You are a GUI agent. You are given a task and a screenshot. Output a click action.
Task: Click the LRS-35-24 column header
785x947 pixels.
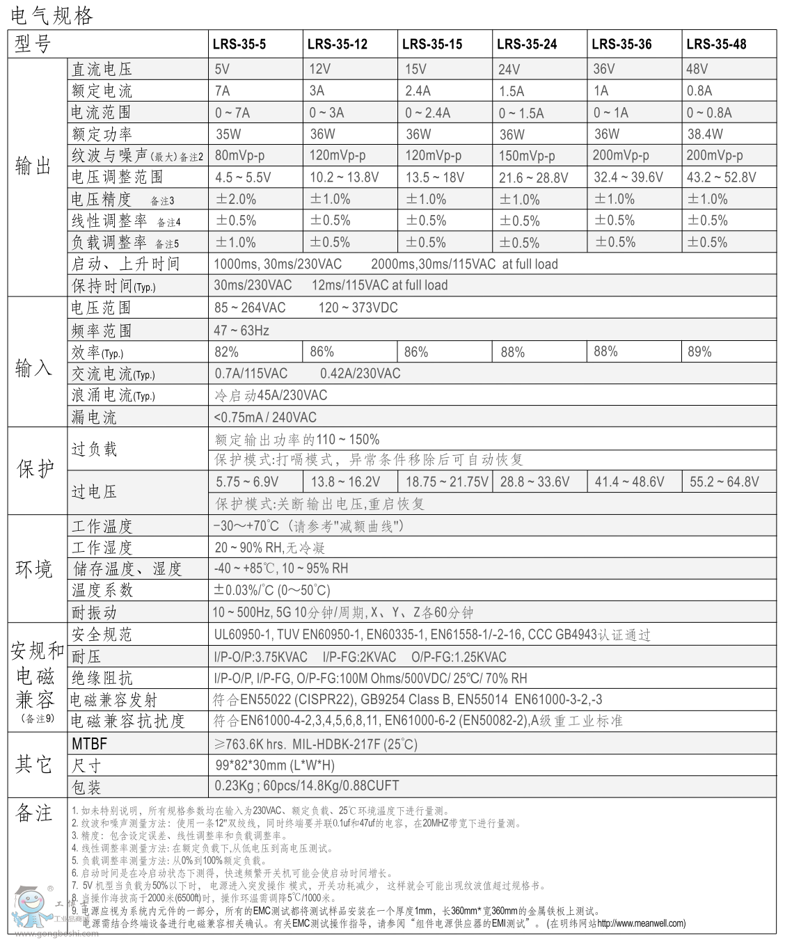(527, 44)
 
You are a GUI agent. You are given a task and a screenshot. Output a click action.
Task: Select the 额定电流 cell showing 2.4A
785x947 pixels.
(418, 90)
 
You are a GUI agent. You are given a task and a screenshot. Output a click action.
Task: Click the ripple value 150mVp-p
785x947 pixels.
(527, 156)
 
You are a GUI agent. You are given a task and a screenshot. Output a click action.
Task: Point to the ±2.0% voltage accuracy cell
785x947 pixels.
(236, 199)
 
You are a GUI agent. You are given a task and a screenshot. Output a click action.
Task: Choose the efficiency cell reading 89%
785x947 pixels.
(699, 351)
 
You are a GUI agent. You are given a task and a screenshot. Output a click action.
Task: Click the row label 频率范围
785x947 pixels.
(101, 330)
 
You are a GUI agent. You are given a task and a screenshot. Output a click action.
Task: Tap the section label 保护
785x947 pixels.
(35, 469)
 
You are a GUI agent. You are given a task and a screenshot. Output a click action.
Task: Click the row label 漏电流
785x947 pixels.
(94, 417)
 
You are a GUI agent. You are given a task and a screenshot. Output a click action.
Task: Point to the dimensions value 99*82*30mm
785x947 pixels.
(275, 765)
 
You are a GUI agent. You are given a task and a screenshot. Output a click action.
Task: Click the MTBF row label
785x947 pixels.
(90, 744)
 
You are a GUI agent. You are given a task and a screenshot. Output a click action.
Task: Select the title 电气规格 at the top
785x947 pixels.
(52, 15)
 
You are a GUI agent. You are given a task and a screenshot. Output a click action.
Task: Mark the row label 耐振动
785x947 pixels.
(94, 612)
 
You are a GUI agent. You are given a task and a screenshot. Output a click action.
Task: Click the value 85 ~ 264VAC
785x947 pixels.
(250, 308)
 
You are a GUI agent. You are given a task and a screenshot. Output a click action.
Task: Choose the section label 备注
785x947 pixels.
(34, 813)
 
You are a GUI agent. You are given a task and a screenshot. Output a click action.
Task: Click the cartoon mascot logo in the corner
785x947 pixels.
(31, 908)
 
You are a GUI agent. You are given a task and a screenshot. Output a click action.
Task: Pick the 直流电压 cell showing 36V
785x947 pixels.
(604, 69)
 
